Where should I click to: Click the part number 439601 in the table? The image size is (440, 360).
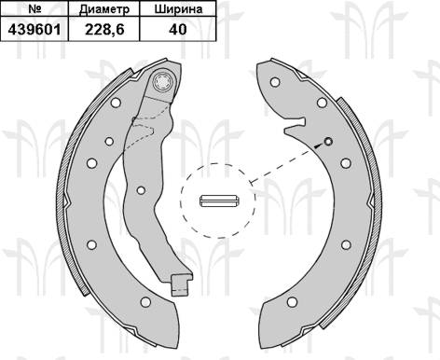[34, 30]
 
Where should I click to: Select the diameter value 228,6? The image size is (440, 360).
[104, 30]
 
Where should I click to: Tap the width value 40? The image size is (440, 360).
[178, 30]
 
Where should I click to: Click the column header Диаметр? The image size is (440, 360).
[104, 9]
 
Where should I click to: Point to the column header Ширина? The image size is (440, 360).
[178, 9]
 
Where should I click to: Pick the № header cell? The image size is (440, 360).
[34, 8]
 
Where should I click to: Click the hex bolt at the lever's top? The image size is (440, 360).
[164, 82]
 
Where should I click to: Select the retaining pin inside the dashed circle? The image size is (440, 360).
[219, 201]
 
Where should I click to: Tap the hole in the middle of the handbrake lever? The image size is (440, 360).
[141, 190]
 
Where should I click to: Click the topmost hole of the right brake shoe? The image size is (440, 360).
[275, 82]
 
